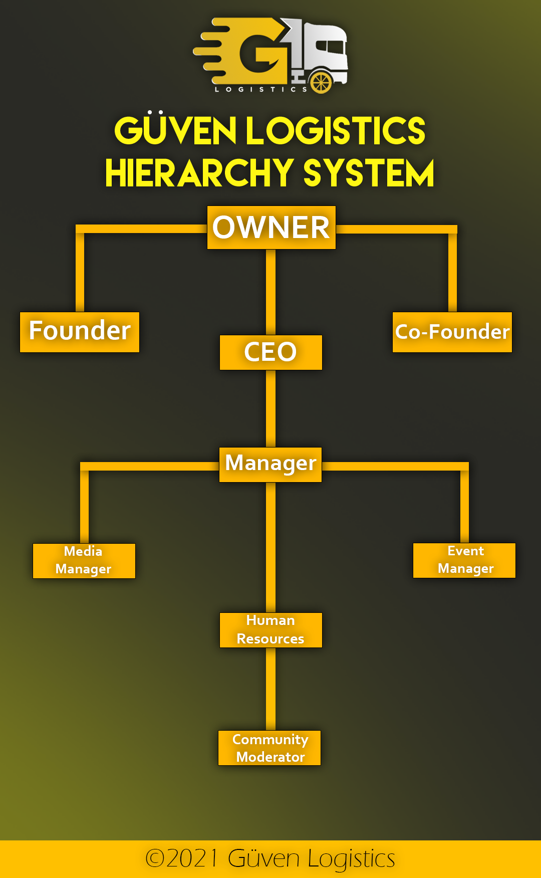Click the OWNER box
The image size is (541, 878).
coord(271,228)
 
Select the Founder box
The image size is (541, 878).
coord(80,332)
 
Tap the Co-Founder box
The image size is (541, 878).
coord(452,332)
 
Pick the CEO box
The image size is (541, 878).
coord(270,352)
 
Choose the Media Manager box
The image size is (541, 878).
coord(84,561)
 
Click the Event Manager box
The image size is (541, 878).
coord(464,560)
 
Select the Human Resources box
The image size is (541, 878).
coord(270,630)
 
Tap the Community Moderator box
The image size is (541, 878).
coord(269,748)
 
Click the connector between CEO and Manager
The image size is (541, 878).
coord(270,408)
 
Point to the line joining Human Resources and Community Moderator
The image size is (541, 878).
coord(270,689)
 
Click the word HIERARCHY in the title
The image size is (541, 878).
coord(199,173)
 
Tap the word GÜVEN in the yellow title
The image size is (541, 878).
coord(175,130)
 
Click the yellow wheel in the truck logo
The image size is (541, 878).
coord(321,82)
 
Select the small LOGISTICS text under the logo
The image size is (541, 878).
coord(260,90)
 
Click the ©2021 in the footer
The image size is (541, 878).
coord(181,858)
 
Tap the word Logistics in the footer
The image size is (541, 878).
coord(351,859)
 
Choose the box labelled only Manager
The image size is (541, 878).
coord(270,465)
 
